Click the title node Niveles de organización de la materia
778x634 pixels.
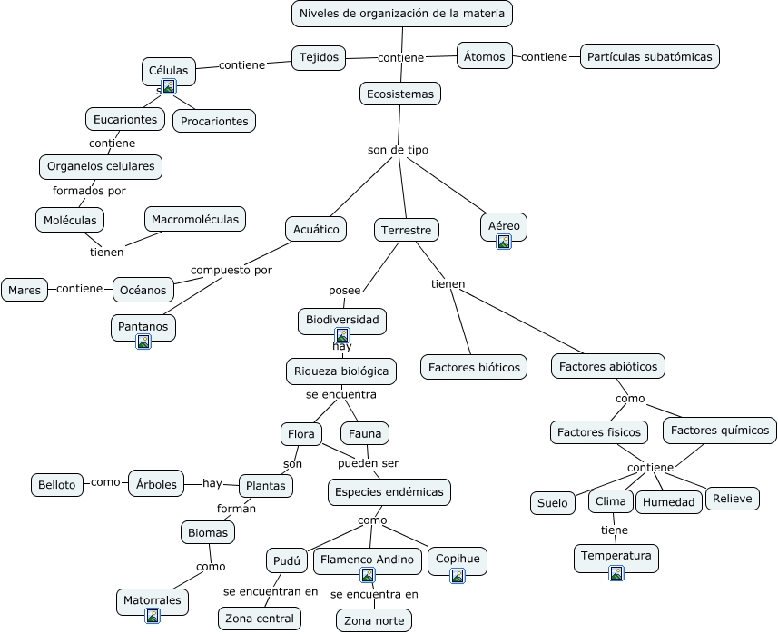402,14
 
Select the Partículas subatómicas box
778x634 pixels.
650,56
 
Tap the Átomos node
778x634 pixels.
484,56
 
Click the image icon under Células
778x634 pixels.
169,86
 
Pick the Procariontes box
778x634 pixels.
214,121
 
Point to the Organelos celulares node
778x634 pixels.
102,167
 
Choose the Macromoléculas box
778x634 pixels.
195,219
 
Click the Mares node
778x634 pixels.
25,290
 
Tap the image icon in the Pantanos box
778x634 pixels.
143,342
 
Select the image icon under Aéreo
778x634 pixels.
504,242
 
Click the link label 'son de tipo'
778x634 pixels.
398,150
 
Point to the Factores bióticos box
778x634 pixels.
474,367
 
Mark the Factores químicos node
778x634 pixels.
720,431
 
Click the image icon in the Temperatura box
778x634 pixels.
616,572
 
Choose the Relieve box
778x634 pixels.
733,499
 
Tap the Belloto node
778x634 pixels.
57,484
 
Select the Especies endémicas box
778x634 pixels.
389,492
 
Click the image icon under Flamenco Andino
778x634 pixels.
368,575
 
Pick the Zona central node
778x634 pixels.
260,619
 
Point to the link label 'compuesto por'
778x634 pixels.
231,270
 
